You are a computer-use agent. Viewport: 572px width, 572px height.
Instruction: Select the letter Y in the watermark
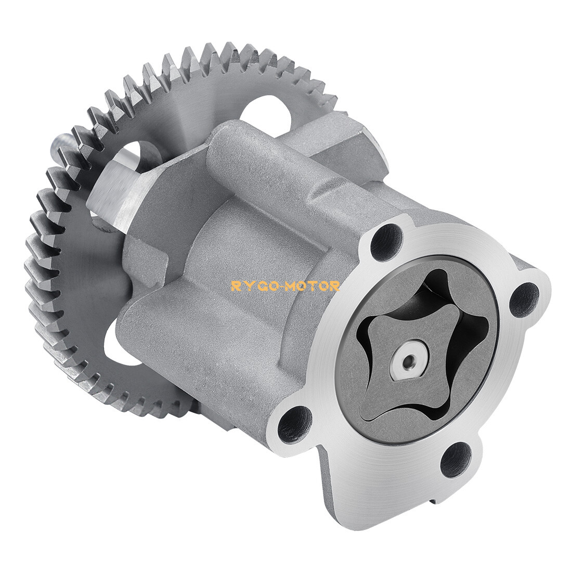coord(244,285)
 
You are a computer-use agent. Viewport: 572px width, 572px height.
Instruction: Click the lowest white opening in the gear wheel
coord(117,343)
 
